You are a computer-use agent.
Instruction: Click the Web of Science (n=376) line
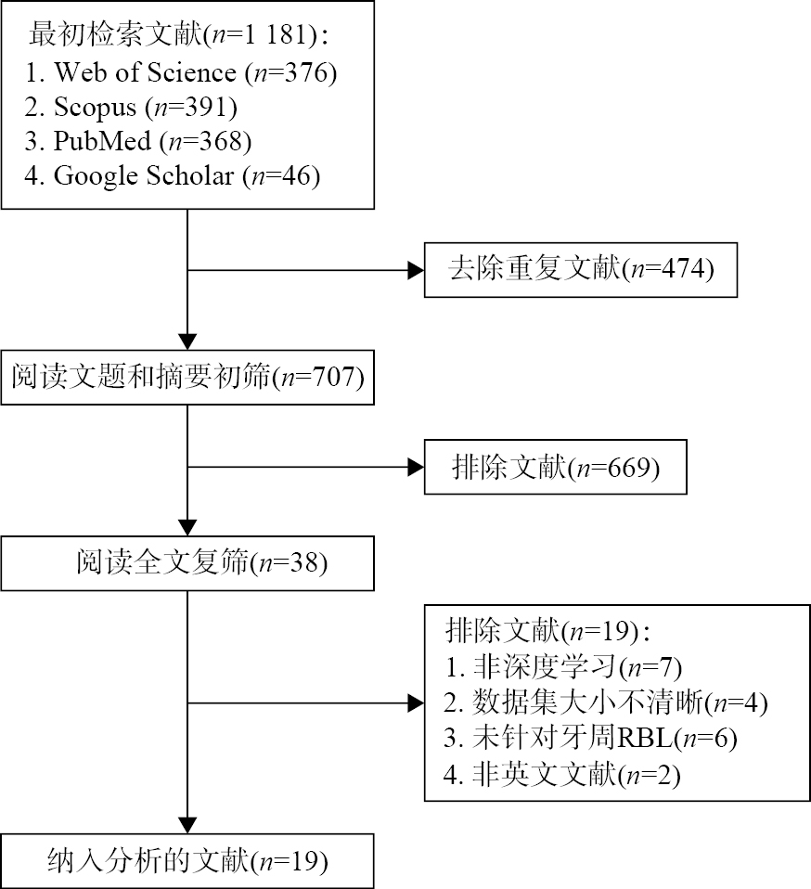point(180,72)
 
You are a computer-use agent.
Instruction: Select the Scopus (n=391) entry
point(131,108)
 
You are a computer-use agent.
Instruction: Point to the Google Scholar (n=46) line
point(173,176)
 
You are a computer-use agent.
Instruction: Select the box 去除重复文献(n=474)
point(580,270)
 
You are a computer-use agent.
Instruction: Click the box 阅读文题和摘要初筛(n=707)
point(187,378)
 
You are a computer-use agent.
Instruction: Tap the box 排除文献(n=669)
point(555,468)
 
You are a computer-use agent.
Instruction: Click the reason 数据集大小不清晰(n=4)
point(607,702)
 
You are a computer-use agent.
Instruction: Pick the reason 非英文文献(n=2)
point(562,775)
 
